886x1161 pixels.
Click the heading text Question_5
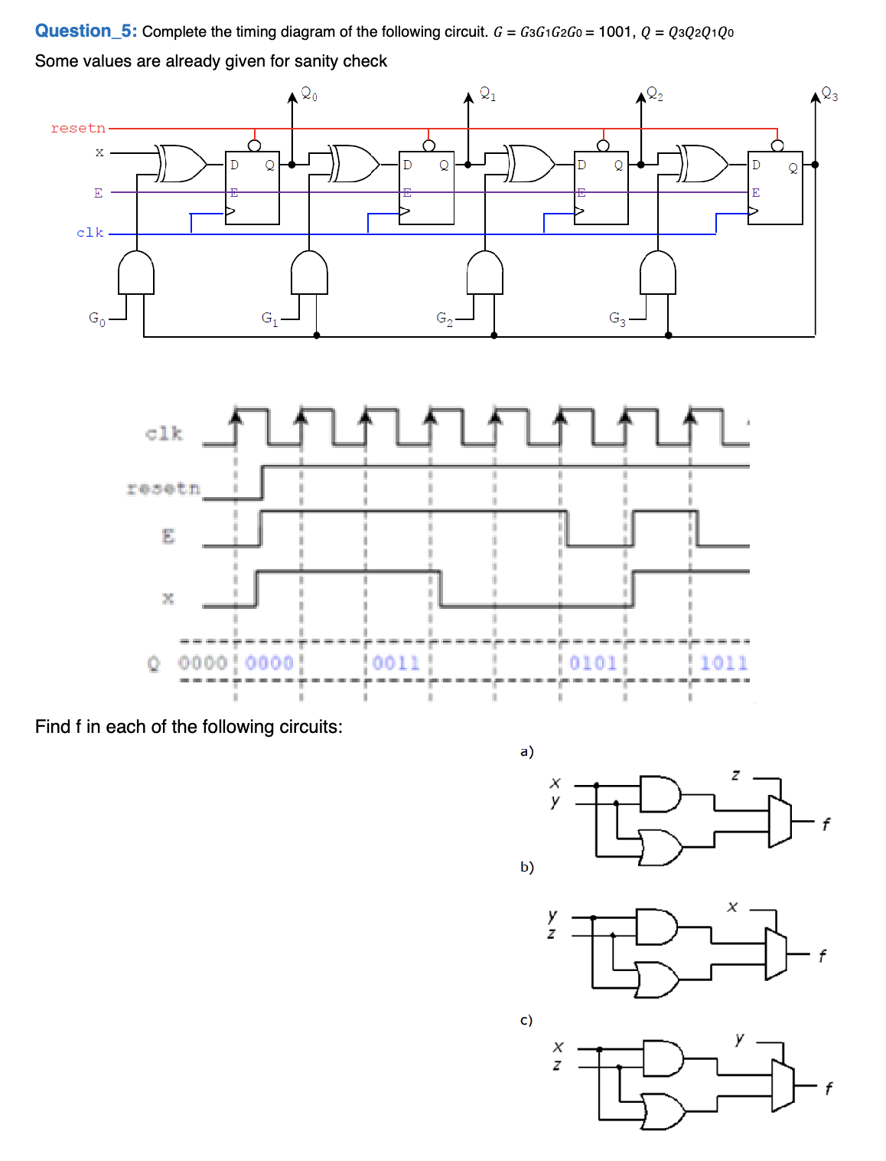[86, 31]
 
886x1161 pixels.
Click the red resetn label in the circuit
[78, 128]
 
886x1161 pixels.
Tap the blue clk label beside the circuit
[90, 232]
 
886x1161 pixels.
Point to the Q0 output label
[309, 94]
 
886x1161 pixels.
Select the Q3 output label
[829, 94]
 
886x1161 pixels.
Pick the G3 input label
[617, 318]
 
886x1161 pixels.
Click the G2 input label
[445, 318]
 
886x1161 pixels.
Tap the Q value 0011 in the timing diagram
[396, 662]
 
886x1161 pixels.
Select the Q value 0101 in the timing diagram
[593, 662]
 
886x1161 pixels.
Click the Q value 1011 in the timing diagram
[724, 662]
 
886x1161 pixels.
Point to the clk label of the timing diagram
[164, 433]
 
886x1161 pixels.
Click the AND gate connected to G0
[136, 273]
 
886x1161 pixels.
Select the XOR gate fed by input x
[181, 163]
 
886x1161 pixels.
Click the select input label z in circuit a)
[735, 775]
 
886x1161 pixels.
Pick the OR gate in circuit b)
[657, 979]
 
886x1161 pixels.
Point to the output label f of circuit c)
[828, 1088]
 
